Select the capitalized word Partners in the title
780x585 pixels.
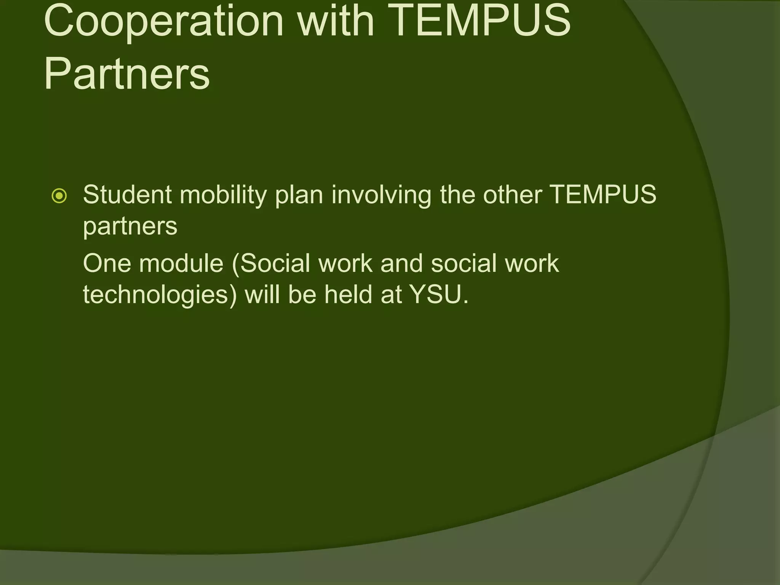coord(127,73)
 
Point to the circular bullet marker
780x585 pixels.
coord(59,196)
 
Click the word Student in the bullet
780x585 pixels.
coord(127,195)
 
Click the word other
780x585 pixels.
coord(513,195)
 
